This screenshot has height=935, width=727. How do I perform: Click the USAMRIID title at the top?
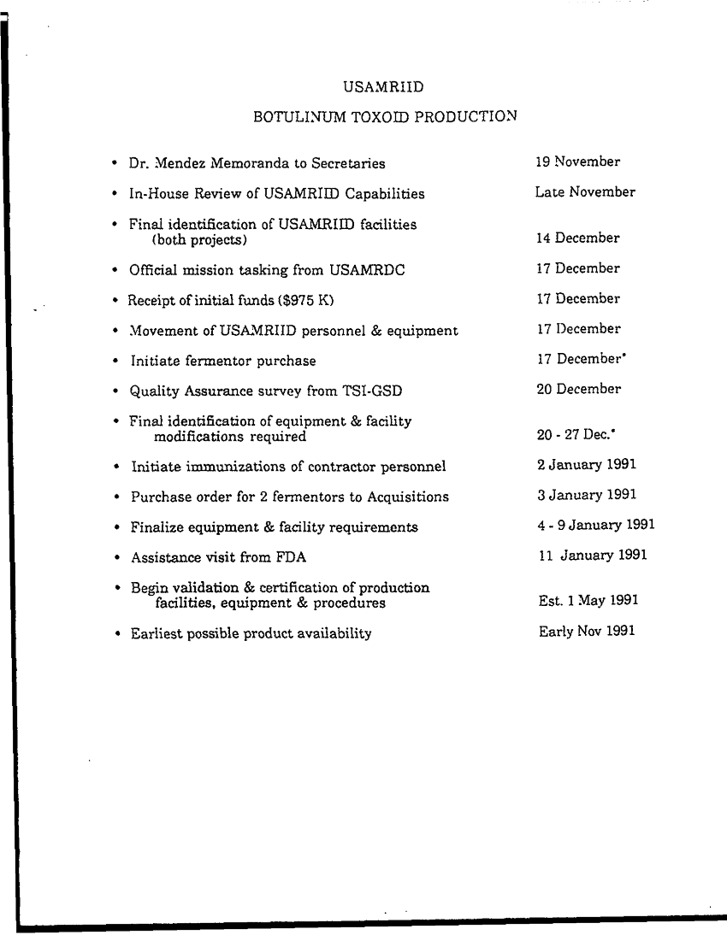tap(384, 87)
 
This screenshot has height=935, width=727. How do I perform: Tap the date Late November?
tap(585, 192)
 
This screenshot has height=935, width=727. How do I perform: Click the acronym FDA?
tap(292, 558)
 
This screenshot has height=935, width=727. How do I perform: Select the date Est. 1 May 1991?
tap(588, 601)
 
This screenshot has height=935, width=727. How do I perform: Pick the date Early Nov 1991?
tap(587, 632)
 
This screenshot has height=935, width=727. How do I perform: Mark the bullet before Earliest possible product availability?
tap(115, 633)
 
